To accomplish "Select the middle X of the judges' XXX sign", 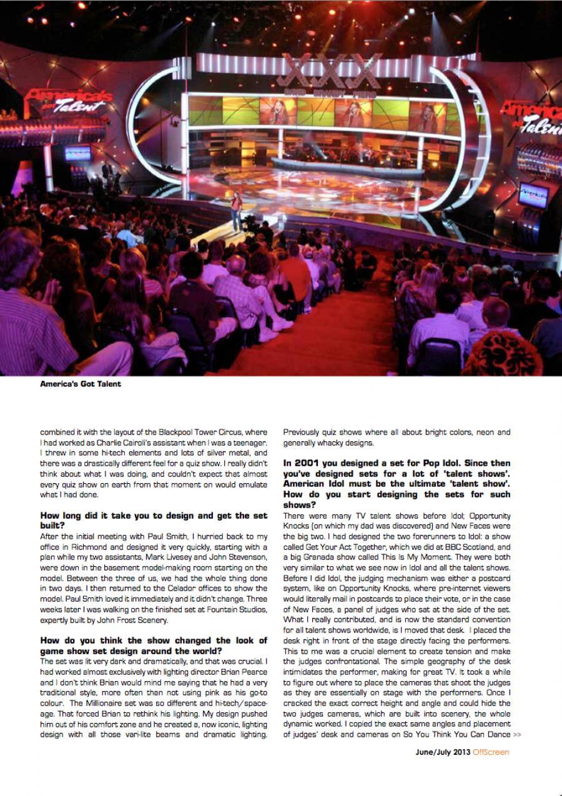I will coord(322,70).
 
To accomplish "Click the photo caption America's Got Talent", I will coord(81,384).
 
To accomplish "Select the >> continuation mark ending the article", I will coord(516,734).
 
